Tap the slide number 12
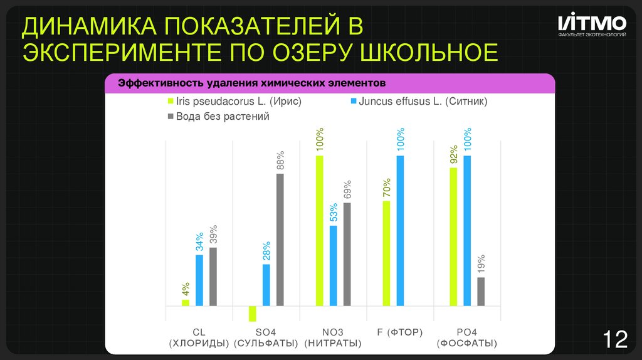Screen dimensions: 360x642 pos(614,339)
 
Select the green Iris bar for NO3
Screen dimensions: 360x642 pos(319,231)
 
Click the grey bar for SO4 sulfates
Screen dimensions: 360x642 pos(280,240)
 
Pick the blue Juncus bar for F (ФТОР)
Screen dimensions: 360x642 pos(400,231)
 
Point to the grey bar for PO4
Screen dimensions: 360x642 pos(481,292)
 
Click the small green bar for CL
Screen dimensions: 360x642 pos(186,303)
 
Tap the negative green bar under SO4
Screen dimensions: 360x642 pos(252,314)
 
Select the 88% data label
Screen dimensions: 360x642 pos(281,161)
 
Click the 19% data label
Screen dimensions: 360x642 pos(481,265)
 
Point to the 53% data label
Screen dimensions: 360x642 pos(334,213)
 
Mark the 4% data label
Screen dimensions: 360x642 pos(186,289)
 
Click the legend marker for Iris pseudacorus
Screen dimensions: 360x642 pos(170,102)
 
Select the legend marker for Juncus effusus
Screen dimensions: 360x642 pos(353,102)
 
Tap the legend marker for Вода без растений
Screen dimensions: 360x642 pos(170,117)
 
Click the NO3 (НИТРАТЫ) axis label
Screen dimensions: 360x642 pos(332,337)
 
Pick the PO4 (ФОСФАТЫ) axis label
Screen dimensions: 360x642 pos(467,337)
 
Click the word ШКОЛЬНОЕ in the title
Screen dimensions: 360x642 pos(428,52)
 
